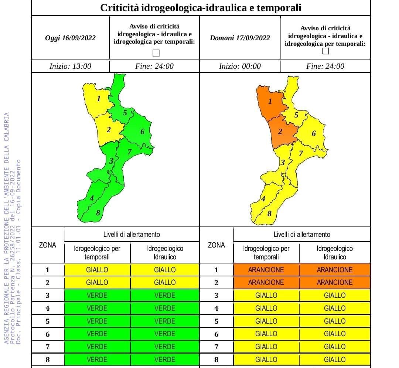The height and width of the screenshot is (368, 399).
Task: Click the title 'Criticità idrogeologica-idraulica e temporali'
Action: tap(201, 7)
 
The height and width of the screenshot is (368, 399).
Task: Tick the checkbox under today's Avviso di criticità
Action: tap(156, 53)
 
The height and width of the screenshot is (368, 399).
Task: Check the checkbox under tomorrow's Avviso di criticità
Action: tap(325, 51)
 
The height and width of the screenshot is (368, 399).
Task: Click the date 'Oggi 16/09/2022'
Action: tap(70, 38)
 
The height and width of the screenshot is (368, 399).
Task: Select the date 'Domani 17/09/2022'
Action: tap(240, 38)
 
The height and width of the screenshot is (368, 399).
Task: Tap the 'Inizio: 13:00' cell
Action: tap(70, 66)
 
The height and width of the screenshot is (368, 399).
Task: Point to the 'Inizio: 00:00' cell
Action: tap(240, 66)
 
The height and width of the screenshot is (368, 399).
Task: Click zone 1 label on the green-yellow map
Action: tap(99, 99)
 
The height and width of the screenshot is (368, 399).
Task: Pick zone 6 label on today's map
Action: tap(142, 132)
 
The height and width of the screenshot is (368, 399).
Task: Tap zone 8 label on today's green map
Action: tap(98, 213)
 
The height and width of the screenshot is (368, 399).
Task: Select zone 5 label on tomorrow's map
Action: tap(296, 115)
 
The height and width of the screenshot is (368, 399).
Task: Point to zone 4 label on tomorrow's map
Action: tap(263, 199)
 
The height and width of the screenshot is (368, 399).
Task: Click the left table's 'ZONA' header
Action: tap(48, 245)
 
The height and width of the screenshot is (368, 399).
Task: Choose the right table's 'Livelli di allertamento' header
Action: tap(302, 234)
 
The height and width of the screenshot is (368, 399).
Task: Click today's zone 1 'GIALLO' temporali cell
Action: tap(97, 270)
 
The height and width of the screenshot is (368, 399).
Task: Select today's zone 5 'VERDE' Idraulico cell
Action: tap(165, 321)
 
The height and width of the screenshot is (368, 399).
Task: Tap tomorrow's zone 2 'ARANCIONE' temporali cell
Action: tap(266, 283)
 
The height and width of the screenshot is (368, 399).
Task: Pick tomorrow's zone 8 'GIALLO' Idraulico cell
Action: tap(335, 360)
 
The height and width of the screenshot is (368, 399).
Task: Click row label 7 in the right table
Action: tap(216, 347)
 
